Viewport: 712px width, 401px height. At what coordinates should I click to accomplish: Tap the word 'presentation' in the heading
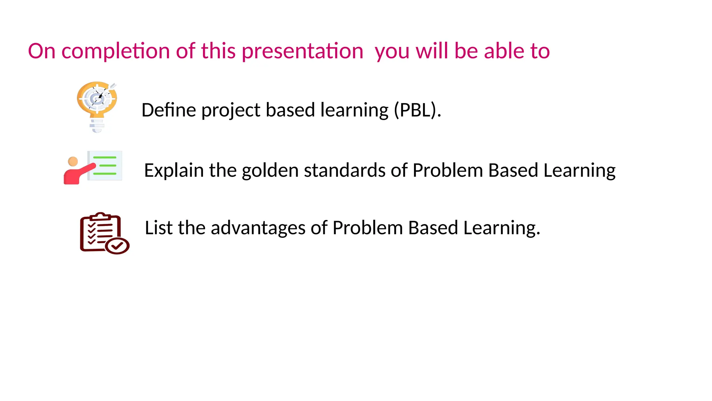(x=302, y=51)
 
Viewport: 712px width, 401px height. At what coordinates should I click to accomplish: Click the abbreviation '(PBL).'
(x=417, y=110)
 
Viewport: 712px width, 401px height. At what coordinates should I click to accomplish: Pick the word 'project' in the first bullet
(x=230, y=111)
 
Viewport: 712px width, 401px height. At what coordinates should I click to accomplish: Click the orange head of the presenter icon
(x=73, y=162)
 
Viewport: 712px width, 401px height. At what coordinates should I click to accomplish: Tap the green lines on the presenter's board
(x=105, y=165)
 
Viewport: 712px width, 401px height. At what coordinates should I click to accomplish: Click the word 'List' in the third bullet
(x=159, y=228)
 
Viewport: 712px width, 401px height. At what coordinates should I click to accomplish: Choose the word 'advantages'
(x=258, y=228)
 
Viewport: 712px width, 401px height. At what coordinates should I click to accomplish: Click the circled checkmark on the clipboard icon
(x=117, y=246)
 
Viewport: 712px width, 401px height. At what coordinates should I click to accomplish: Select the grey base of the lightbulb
(x=97, y=126)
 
